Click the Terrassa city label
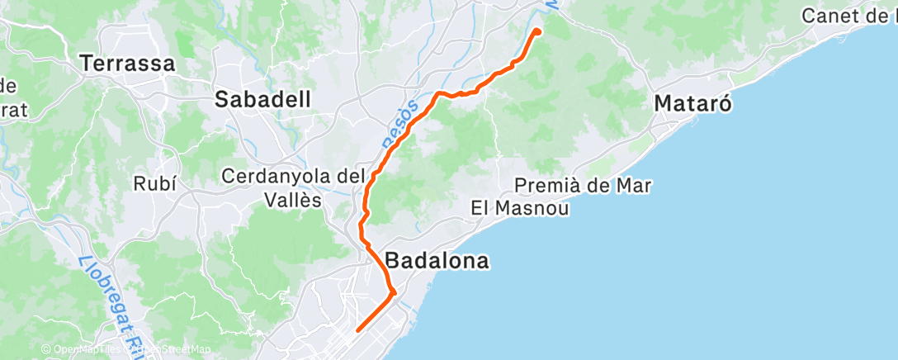click(128, 62)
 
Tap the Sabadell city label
click(262, 100)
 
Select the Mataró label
click(694, 104)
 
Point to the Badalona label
click(437, 261)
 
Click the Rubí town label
click(155, 183)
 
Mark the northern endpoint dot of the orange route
click(537, 31)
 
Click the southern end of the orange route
click(357, 331)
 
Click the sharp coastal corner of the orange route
click(395, 291)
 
